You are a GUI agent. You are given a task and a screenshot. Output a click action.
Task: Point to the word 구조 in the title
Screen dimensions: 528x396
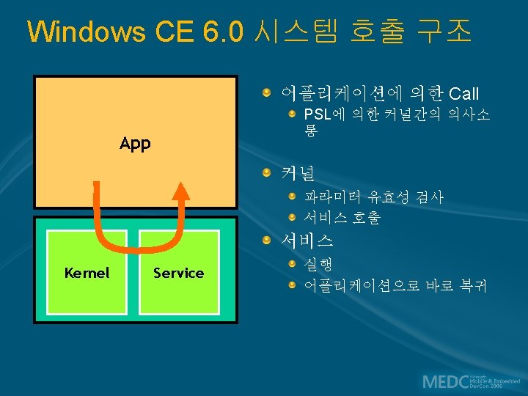pos(442,32)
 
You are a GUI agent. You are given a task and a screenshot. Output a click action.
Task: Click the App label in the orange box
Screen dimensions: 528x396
pos(135,143)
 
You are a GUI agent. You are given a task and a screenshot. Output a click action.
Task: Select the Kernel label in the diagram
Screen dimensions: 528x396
pos(87,273)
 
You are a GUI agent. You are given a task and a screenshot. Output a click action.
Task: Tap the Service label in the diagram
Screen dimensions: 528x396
pos(178,273)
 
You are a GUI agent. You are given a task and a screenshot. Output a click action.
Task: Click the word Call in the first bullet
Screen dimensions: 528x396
pos(463,93)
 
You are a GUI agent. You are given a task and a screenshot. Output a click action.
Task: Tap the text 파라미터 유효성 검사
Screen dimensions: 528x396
pos(374,197)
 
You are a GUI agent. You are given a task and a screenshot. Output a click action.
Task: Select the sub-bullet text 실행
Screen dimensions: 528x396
pos(318,263)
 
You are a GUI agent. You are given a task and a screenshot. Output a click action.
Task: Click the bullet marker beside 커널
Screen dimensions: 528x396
pos(271,174)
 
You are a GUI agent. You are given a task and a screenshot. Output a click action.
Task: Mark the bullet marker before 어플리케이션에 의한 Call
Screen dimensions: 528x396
pos(271,92)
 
